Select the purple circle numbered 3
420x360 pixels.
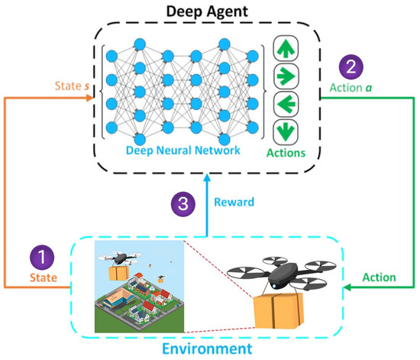pos(182,203)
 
